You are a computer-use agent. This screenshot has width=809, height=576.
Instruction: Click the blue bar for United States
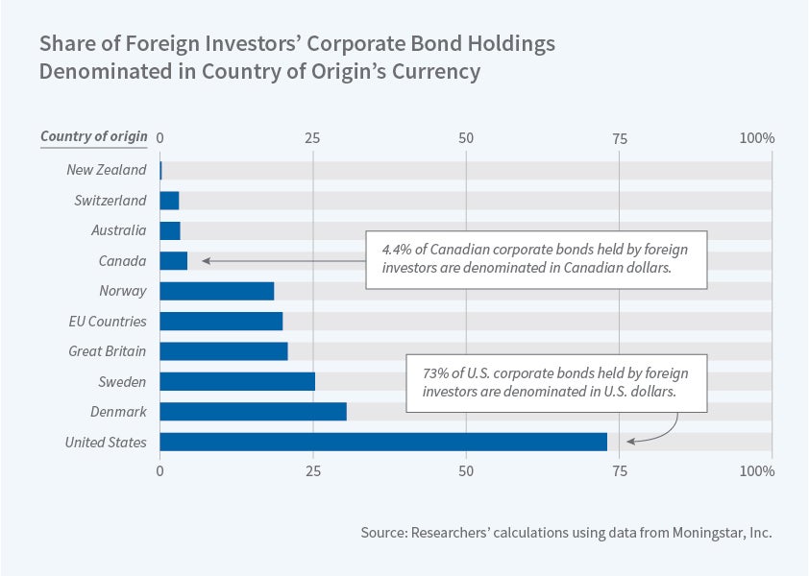(x=382, y=442)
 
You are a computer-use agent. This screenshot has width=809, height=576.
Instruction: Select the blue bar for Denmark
(x=253, y=412)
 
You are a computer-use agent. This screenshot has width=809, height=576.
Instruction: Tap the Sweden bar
(x=236, y=381)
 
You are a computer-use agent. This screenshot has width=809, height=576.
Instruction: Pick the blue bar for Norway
(x=216, y=291)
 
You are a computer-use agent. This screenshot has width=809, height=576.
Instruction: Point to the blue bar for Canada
(x=173, y=261)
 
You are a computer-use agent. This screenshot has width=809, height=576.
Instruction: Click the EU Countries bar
(x=221, y=321)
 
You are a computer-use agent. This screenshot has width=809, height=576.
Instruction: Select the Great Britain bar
(x=223, y=351)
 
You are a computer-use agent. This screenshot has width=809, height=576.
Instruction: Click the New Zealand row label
(x=106, y=170)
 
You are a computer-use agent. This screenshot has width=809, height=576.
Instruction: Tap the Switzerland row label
(x=110, y=201)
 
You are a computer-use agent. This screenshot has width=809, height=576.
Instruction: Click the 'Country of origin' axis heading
(x=93, y=136)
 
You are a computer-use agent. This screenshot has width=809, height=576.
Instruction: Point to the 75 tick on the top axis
(x=619, y=138)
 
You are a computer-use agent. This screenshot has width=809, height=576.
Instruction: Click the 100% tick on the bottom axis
(x=756, y=471)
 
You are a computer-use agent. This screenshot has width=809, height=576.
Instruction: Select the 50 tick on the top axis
(x=466, y=138)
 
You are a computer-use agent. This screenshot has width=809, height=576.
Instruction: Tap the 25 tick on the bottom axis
(x=312, y=471)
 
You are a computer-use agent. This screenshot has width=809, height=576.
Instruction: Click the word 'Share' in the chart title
(x=64, y=44)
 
